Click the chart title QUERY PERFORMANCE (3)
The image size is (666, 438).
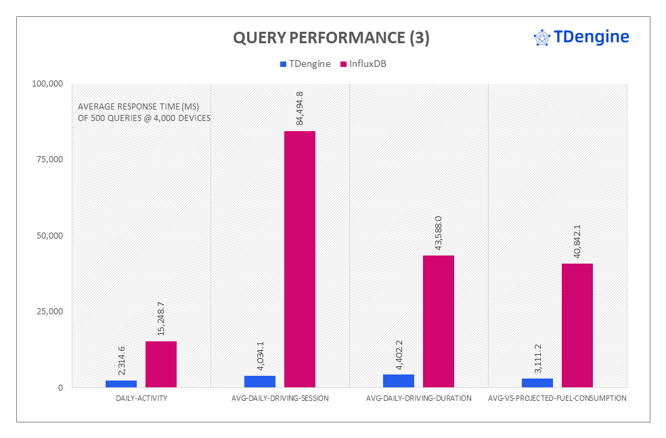click(331, 39)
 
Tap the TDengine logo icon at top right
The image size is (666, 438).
click(542, 38)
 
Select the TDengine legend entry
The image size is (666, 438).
click(305, 64)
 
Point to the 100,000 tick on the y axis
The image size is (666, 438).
click(47, 84)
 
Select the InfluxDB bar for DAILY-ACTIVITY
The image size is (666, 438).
click(161, 364)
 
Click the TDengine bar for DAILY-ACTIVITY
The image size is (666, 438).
click(121, 383)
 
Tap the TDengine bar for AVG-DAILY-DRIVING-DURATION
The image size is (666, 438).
click(399, 381)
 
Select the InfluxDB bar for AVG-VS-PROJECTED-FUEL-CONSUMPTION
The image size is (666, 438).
click(577, 325)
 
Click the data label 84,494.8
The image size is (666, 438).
click(300, 105)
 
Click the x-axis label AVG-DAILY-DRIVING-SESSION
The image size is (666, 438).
click(280, 399)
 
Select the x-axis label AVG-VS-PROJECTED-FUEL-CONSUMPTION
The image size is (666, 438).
click(557, 399)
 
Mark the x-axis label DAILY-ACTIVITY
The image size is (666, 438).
click(141, 399)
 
